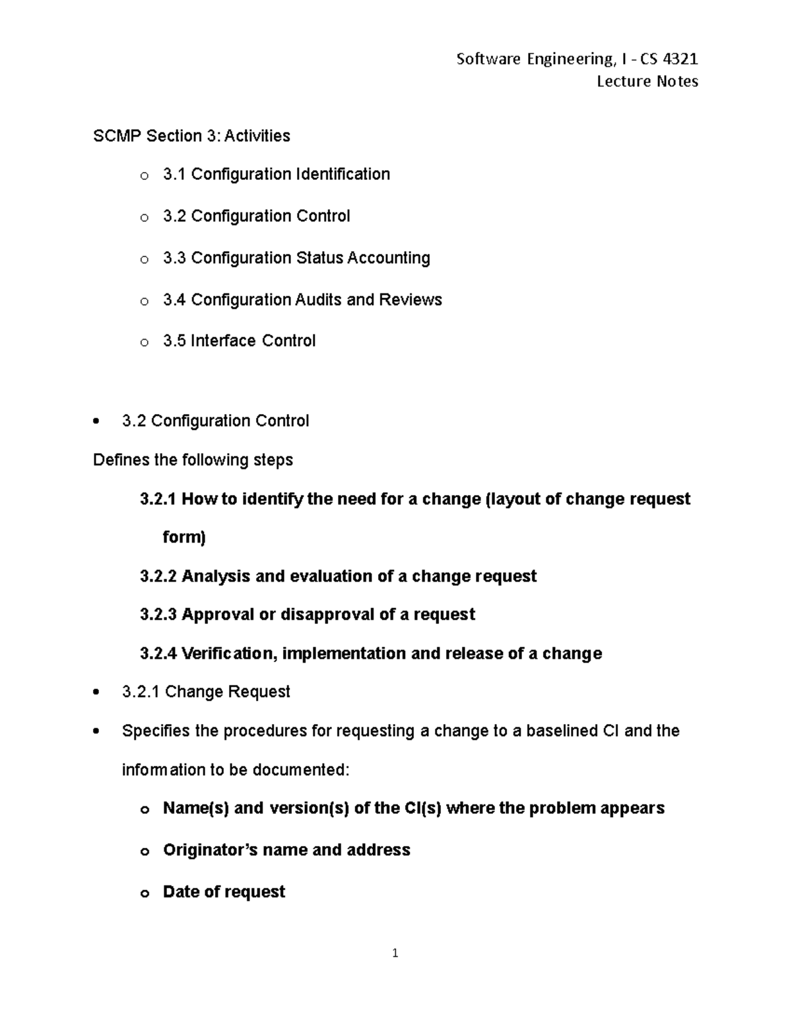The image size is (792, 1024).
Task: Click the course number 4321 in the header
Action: tap(680, 59)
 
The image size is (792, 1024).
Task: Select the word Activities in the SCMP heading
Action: tap(257, 136)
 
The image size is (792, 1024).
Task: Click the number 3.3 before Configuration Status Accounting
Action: tap(174, 258)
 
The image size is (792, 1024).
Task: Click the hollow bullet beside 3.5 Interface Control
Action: tap(144, 342)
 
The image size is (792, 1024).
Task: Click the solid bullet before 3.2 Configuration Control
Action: tap(97, 421)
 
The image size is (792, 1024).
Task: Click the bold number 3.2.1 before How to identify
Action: tap(158, 499)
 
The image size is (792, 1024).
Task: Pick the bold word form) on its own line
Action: tap(184, 537)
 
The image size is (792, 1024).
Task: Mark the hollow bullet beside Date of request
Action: tap(144, 893)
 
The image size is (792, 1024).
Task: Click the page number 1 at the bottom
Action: tap(395, 953)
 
